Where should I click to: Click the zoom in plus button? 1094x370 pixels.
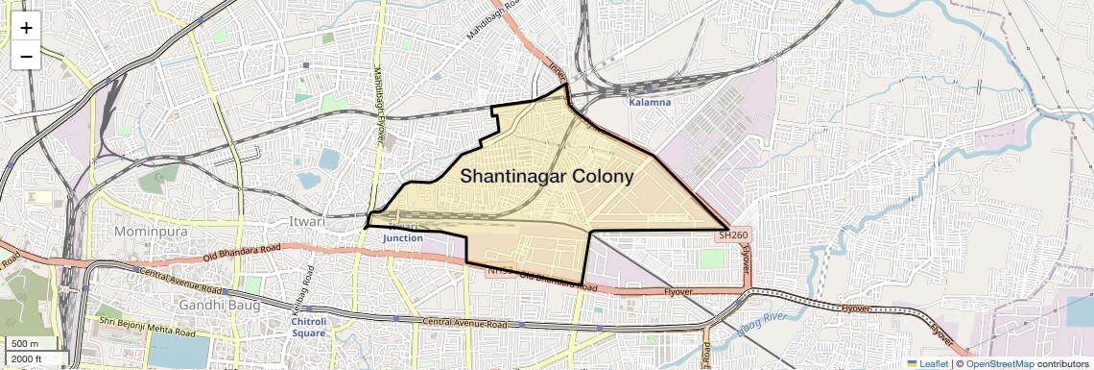pos(26,28)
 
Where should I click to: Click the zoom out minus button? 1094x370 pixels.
pos(26,56)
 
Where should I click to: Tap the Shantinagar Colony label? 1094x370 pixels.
pos(547,176)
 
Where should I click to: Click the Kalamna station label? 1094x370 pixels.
pos(650,102)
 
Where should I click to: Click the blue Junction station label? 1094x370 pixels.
pos(403,237)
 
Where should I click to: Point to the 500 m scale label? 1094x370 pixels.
pos(26,344)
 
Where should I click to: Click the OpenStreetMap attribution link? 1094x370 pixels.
pos(1000,364)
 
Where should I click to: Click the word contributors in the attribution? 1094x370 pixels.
pos(1063,364)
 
